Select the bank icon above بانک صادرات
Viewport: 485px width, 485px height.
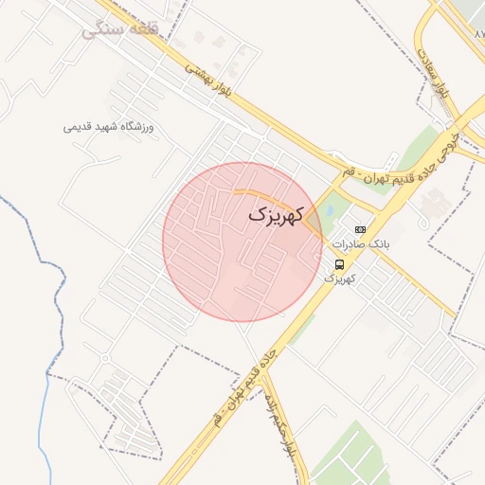click(x=360, y=229)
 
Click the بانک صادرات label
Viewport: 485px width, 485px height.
click(x=361, y=244)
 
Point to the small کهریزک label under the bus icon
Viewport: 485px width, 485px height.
click(x=340, y=279)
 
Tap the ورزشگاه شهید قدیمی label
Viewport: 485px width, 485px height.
click(x=108, y=126)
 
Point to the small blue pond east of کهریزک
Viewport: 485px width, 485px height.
click(x=329, y=210)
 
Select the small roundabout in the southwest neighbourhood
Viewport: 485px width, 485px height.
click(x=104, y=358)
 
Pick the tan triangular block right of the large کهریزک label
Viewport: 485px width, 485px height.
click(x=314, y=221)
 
